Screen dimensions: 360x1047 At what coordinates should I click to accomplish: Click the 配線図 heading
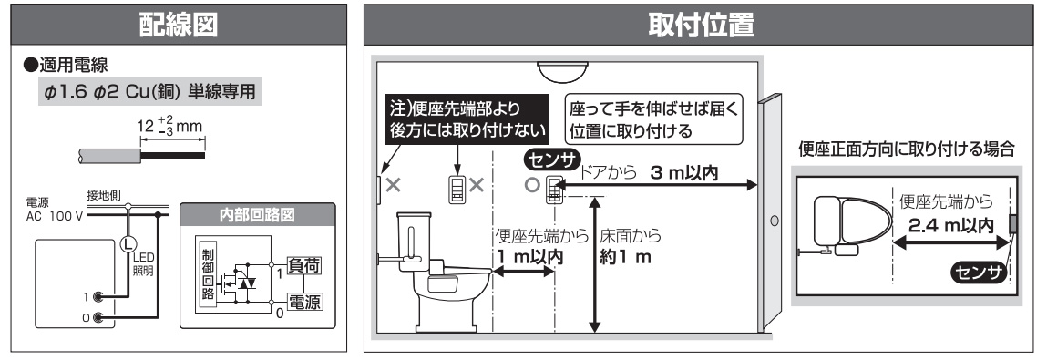tap(178, 26)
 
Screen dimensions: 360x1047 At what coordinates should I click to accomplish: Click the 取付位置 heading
tap(701, 26)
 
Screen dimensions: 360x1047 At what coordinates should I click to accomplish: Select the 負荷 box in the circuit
tap(307, 265)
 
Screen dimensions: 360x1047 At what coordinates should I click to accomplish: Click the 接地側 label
tap(103, 195)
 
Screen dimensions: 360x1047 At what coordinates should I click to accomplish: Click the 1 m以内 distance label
tap(529, 257)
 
